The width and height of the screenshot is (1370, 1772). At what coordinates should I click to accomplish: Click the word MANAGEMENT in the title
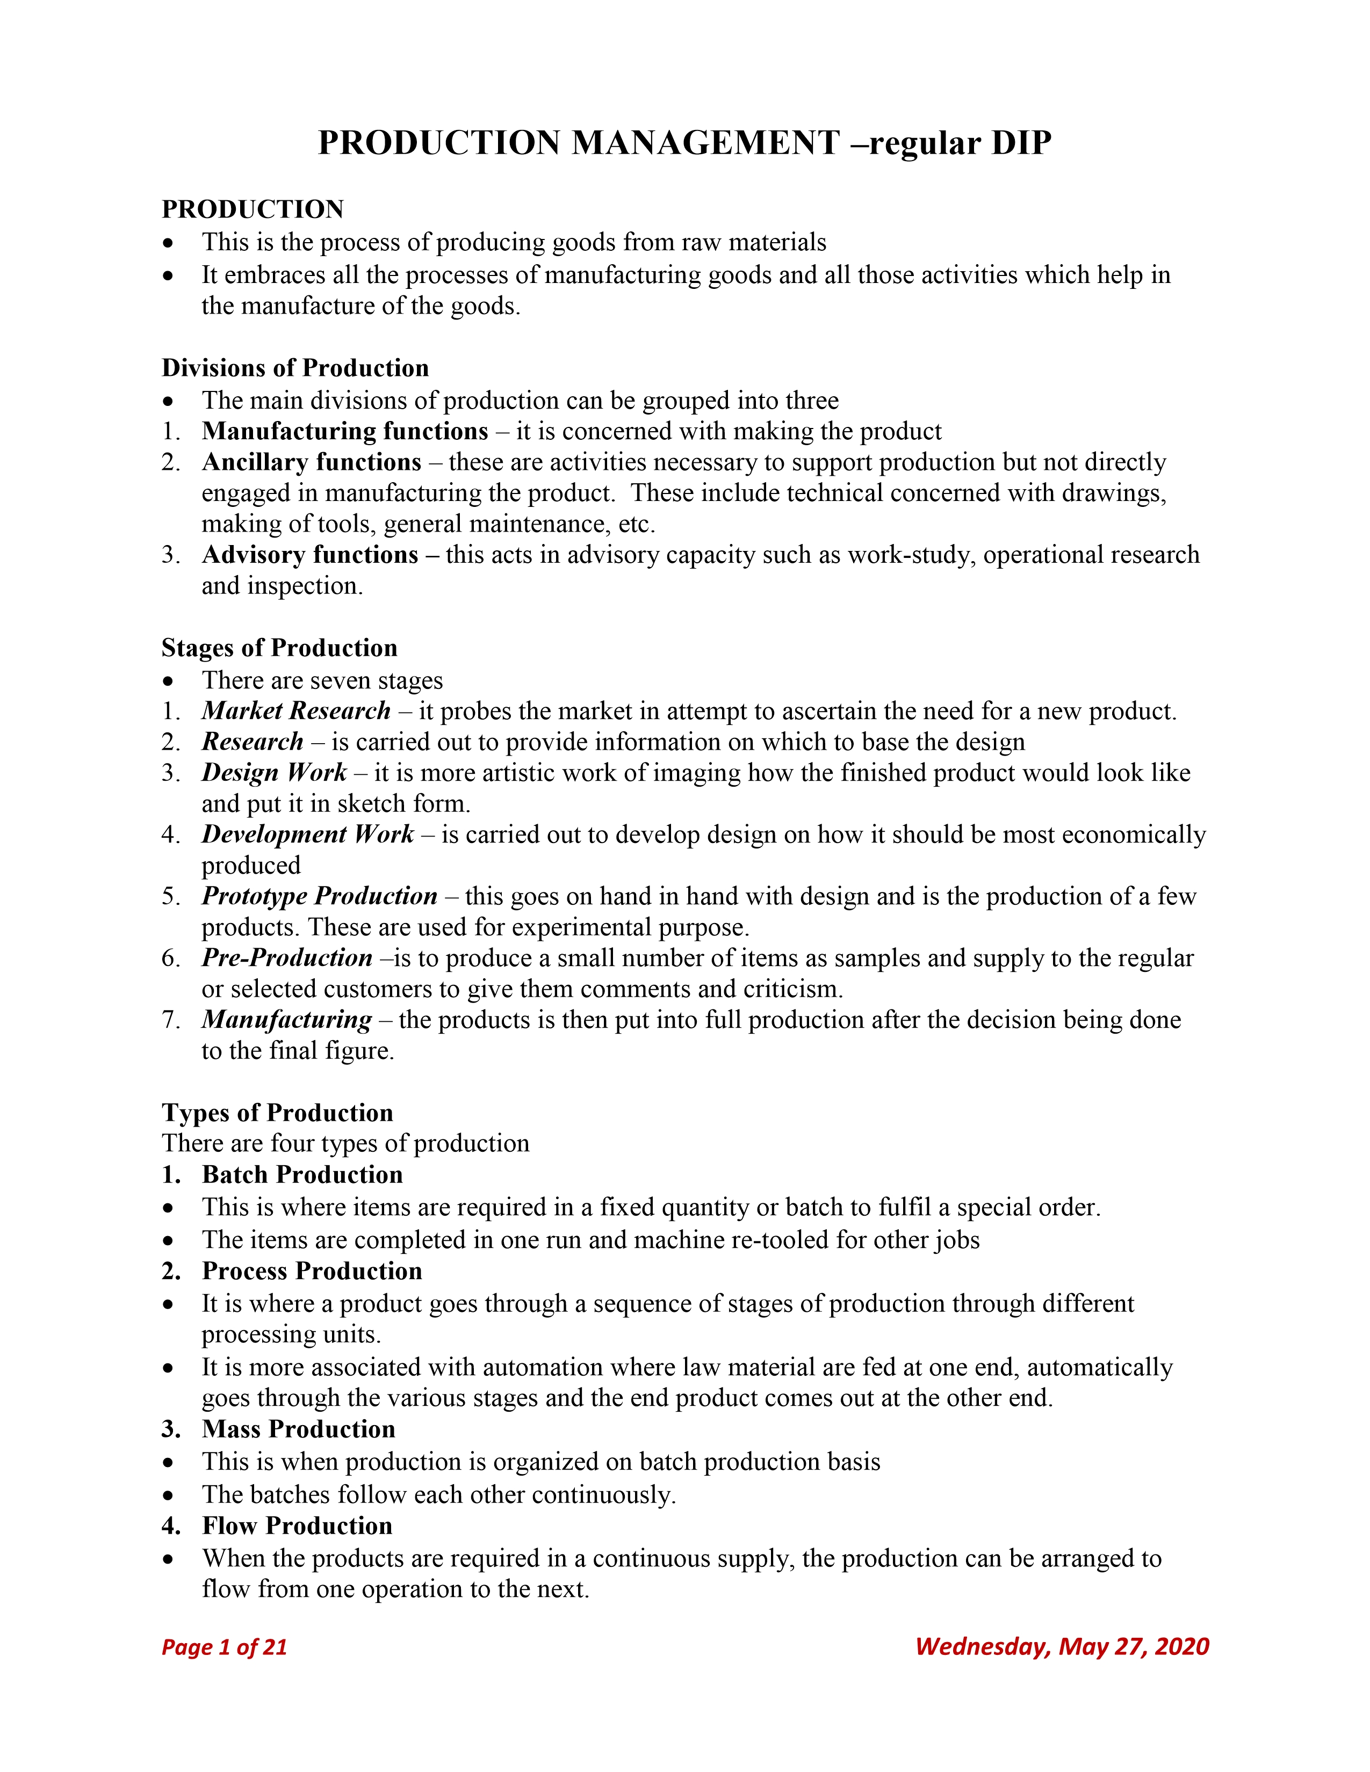click(705, 143)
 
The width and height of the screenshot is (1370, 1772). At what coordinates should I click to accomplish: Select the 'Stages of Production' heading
click(279, 648)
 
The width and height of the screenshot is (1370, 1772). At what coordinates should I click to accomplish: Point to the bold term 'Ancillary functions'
click(312, 462)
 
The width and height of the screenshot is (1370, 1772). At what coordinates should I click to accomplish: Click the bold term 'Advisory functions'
click(310, 555)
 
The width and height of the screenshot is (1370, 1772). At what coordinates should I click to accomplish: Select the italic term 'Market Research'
click(296, 711)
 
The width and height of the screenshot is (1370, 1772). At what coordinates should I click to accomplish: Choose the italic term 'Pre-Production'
click(287, 958)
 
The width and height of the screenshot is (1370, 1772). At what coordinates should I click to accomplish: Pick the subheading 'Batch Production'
click(302, 1175)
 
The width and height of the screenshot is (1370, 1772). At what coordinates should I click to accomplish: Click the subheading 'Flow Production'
click(297, 1526)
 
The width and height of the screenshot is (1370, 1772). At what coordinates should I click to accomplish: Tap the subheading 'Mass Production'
click(299, 1429)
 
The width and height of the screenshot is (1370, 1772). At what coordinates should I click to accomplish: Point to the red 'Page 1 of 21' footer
click(224, 1646)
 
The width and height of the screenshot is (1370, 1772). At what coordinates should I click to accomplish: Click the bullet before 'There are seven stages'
click(168, 681)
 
